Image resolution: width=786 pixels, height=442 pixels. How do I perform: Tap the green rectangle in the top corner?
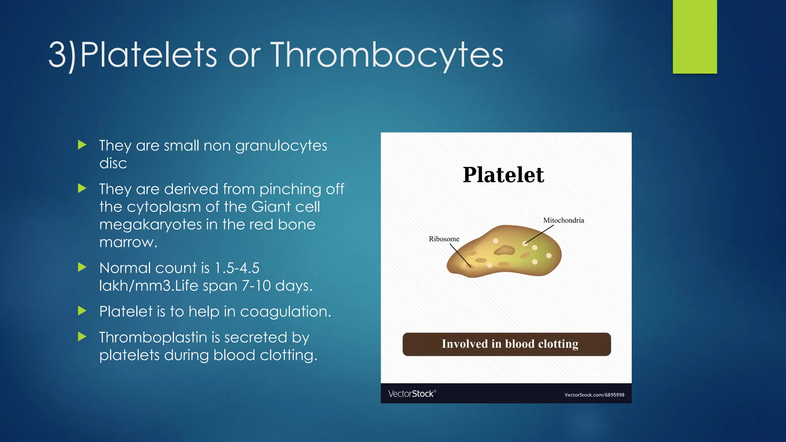tap(695, 36)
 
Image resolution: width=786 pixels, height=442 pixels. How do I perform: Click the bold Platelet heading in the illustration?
tap(503, 175)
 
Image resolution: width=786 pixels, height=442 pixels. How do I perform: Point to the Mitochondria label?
tap(563, 220)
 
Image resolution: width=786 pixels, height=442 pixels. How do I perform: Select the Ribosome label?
tap(444, 239)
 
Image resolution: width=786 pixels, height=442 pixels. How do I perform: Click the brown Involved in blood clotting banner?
tap(507, 344)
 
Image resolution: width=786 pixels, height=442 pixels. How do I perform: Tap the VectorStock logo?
tap(412, 394)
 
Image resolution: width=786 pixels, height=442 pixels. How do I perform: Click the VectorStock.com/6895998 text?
tap(594, 395)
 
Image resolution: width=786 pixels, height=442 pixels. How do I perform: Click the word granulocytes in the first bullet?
tap(281, 146)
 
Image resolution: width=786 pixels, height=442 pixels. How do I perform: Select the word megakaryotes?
tap(150, 224)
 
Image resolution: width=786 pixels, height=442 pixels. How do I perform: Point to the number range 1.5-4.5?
tap(237, 268)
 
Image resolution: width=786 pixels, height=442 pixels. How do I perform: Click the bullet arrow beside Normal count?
tap(82, 267)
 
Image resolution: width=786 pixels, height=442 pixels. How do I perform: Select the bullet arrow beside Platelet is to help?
tap(82, 311)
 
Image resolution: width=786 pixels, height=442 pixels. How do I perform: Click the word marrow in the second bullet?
tap(128, 242)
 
